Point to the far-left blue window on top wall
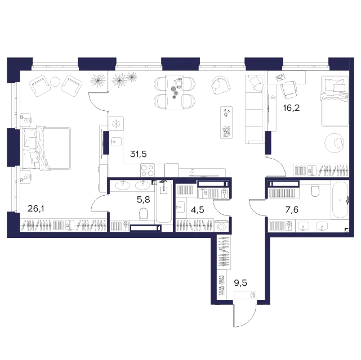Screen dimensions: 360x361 pos(20,62)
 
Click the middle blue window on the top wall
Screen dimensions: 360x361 pos(180,62)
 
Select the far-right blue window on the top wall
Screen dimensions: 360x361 pos(341,62)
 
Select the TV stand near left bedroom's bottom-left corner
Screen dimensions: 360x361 pos(35,208)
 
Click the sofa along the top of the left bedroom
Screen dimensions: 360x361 pos(56,85)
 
